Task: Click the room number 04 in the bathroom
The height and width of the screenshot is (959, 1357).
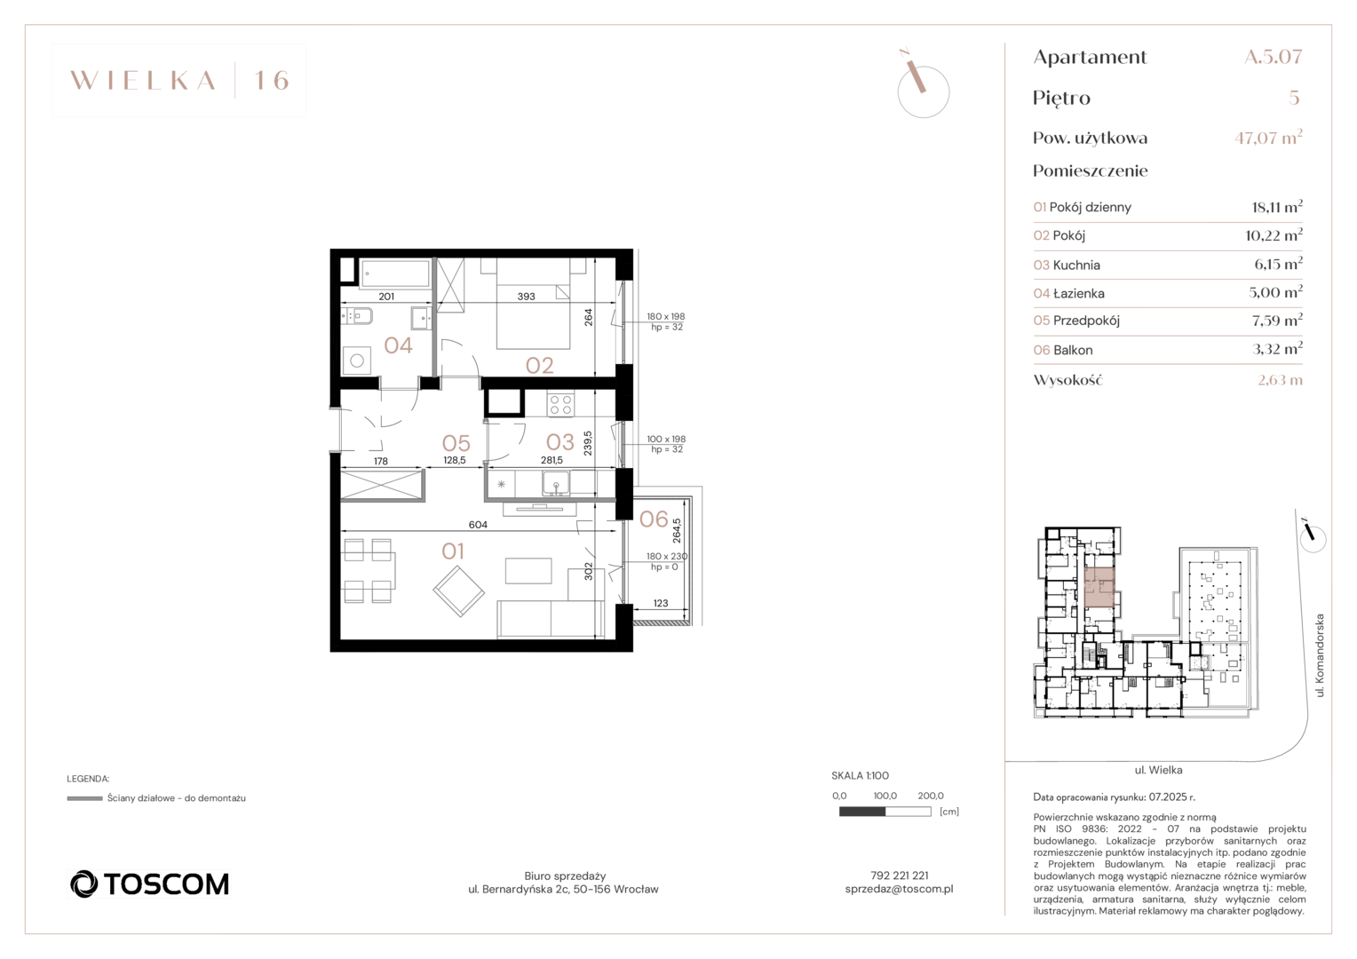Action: click(398, 345)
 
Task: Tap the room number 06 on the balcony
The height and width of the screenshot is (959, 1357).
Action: click(654, 519)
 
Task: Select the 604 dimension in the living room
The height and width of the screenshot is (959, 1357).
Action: click(478, 525)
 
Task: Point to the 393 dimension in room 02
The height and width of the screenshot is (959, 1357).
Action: click(526, 297)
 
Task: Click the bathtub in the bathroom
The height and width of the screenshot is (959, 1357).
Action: click(395, 273)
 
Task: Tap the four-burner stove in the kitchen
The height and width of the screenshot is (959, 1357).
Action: click(561, 405)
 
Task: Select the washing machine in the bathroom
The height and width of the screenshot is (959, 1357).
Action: click(357, 361)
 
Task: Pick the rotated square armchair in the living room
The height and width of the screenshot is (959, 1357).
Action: click(458, 591)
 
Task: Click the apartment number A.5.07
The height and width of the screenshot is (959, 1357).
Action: click(1274, 57)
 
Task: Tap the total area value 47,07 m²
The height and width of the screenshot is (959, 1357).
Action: click(1268, 138)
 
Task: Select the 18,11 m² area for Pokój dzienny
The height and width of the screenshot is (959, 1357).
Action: click(1277, 207)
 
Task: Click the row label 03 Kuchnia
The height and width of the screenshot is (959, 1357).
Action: click(1067, 265)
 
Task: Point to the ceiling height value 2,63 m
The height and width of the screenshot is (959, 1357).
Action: click(1280, 380)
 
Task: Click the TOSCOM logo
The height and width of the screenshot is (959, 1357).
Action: click(149, 884)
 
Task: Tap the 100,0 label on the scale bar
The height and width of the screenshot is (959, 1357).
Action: click(885, 796)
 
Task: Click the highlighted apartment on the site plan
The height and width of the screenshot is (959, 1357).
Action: click(1099, 587)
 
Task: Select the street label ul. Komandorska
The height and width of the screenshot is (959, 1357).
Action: click(1320, 655)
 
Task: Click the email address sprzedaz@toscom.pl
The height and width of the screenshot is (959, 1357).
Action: click(899, 890)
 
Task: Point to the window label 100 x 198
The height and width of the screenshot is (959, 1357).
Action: click(666, 439)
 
